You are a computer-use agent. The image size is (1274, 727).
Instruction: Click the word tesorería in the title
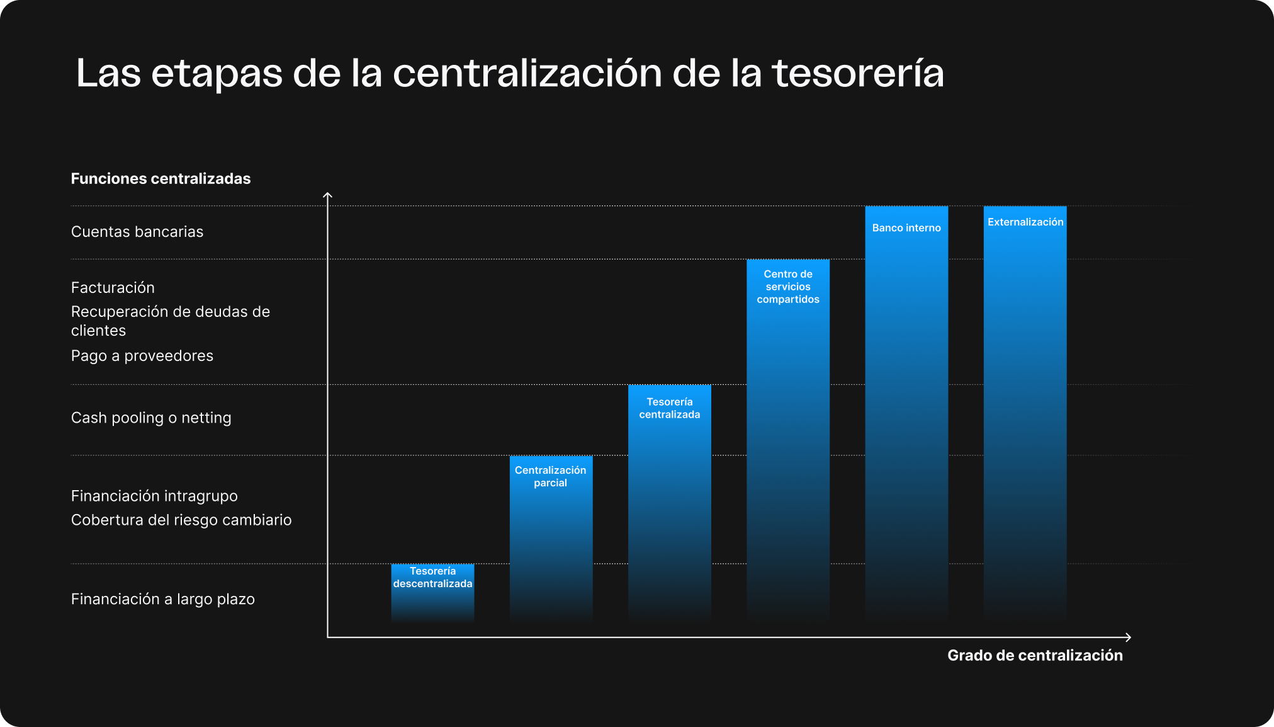pos(858,74)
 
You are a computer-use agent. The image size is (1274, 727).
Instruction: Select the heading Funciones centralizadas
pos(161,179)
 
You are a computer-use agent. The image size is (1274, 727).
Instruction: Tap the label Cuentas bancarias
pos(137,232)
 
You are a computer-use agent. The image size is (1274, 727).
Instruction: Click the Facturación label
pos(113,288)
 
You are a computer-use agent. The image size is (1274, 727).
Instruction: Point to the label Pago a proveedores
pos(142,356)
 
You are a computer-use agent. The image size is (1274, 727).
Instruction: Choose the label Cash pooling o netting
pos(151,418)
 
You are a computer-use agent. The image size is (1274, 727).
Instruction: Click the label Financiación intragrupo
pos(154,496)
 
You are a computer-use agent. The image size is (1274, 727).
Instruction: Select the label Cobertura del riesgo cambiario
pos(181,520)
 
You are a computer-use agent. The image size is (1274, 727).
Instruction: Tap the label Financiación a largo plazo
pos(163,599)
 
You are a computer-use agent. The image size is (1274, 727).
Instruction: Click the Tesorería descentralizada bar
pos(432,592)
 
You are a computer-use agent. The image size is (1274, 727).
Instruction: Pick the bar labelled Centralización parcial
pos(551,535)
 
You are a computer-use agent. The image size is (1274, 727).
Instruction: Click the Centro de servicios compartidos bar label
pos(788,287)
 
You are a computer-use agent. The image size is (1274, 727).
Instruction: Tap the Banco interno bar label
pos(906,228)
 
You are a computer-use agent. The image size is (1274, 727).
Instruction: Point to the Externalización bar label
pos(1025,222)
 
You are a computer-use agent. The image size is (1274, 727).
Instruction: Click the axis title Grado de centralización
pos(1035,656)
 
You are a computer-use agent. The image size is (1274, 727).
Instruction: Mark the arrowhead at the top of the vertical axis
pos(327,195)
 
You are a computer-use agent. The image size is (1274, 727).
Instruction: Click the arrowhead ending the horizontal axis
pos(1129,638)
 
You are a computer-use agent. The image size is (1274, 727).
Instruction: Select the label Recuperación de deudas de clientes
pos(171,321)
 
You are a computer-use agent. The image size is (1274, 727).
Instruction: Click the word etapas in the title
pos(217,74)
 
